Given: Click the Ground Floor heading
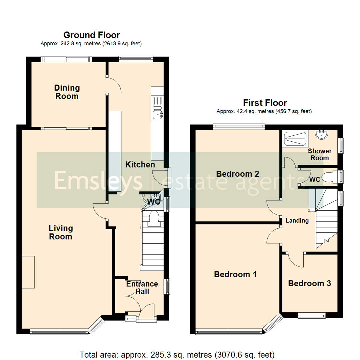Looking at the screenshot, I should [91, 35].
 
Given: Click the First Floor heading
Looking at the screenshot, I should [265, 103].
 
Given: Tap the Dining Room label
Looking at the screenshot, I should [67, 92].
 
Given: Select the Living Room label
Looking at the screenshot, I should [61, 232].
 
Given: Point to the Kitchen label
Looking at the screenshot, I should [140, 165].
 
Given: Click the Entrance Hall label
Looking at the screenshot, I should [142, 288].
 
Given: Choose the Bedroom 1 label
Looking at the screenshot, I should [235, 274].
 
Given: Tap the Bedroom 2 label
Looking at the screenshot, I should [238, 174].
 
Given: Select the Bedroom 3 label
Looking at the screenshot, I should [309, 283].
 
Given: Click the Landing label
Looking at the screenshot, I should [297, 220].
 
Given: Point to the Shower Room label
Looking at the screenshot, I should [319, 155].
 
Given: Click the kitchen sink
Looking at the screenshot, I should [157, 115].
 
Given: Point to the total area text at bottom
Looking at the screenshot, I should [177, 354].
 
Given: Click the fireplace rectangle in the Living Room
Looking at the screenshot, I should [28, 272].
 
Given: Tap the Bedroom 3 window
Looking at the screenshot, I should [312, 316].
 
